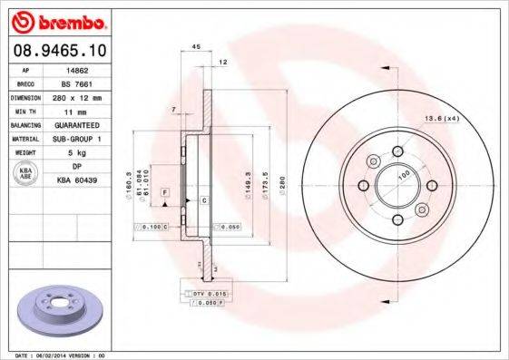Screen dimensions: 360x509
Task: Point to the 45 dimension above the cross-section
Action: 196,46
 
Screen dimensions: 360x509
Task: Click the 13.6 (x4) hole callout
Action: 442,119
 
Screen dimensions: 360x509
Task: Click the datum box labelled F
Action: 165,193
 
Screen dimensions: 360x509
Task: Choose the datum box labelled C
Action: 203,199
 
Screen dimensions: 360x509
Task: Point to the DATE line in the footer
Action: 54,355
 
